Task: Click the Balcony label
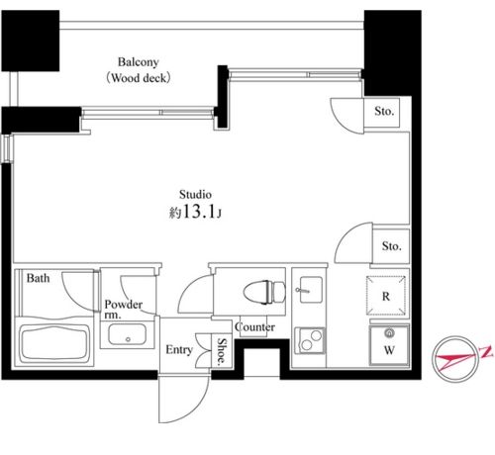tap(139, 62)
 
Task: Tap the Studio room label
tap(195, 194)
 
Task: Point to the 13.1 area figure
tap(199, 212)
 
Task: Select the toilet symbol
tap(264, 292)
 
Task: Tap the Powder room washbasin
tap(128, 334)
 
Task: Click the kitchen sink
tap(311, 289)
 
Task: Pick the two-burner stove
tap(310, 340)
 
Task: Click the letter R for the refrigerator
tap(386, 297)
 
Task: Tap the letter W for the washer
tap(389, 350)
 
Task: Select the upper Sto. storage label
tap(384, 111)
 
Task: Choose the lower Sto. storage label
tap(392, 246)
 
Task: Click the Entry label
tap(179, 349)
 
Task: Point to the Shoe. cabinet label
tap(222, 352)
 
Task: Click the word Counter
tap(254, 326)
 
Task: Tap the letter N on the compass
tap(486, 351)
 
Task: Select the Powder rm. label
tap(123, 310)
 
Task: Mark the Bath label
tap(38, 278)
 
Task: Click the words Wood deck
tap(139, 78)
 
